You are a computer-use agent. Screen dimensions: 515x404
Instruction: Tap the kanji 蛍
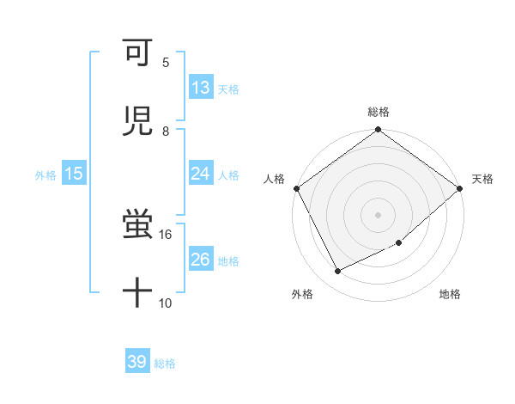pos(137,225)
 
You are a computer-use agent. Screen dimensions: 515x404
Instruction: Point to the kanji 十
pos(137,292)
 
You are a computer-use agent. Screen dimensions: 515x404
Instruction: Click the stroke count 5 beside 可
pos(165,62)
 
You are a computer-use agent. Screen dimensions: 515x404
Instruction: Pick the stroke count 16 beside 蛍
pos(165,234)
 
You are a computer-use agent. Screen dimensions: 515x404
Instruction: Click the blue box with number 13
pos(201,88)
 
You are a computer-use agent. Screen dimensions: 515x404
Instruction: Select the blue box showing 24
pos(201,174)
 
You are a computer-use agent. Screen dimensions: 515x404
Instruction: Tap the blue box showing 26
pos(201,260)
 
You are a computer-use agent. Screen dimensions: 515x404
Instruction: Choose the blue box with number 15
pos(73,174)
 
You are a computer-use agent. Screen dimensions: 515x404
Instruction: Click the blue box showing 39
pos(137,362)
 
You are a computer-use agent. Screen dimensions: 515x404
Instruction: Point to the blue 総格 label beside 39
pos(165,364)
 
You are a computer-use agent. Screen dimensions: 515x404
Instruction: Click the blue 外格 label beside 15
pos(45,174)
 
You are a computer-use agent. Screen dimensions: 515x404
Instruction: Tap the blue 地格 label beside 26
pos(228,260)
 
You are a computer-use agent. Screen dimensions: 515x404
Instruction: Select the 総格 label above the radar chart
pos(379,112)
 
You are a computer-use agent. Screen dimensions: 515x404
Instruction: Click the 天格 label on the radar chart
pos(483,179)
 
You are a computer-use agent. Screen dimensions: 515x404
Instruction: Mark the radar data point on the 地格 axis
pos(399,243)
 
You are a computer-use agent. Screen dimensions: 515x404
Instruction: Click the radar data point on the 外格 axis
pos(338,272)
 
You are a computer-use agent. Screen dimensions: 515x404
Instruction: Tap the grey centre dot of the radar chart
pos(379,214)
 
